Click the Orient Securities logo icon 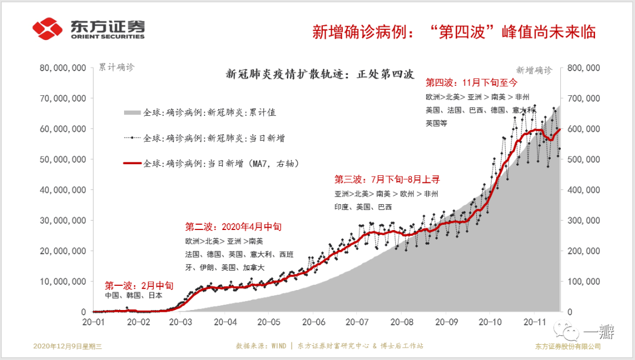(x=47, y=29)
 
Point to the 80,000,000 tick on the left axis (x=62, y=68)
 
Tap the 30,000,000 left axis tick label (x=62, y=221)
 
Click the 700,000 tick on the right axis (x=583, y=98)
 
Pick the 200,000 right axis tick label (x=583, y=251)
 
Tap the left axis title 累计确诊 (x=116, y=67)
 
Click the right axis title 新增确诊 (x=534, y=70)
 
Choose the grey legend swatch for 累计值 (x=132, y=112)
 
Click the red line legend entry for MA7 (x=132, y=164)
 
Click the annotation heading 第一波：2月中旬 (x=139, y=285)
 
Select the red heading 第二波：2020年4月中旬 (x=233, y=226)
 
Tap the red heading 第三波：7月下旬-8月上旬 (x=387, y=179)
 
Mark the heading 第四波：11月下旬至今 (x=471, y=83)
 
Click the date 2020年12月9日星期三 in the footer (x=68, y=346)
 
